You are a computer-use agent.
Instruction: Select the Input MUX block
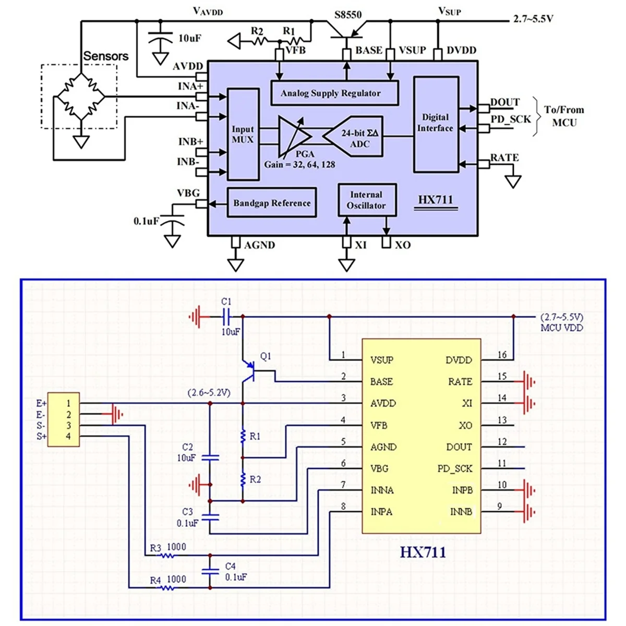coord(243,134)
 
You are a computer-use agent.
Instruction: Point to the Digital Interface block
coord(436,124)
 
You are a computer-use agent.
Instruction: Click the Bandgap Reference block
coord(272,203)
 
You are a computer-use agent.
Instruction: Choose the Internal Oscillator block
coord(367,200)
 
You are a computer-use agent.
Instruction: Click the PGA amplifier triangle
coord(294,136)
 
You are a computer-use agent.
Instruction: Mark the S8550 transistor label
coord(348,15)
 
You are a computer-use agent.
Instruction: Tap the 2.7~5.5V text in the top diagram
coord(533,19)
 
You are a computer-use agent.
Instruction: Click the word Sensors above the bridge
coord(106,56)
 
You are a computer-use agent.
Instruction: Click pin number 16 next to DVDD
coord(502,355)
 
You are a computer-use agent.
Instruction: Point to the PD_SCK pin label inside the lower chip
coord(455,468)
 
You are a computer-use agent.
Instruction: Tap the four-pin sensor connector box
coord(63,419)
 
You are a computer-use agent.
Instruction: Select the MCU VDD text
coord(562,328)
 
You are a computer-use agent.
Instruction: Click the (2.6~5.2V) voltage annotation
coord(209,393)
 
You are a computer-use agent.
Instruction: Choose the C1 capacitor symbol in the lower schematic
coord(227,316)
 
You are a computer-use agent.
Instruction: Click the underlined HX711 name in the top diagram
coord(435,200)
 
